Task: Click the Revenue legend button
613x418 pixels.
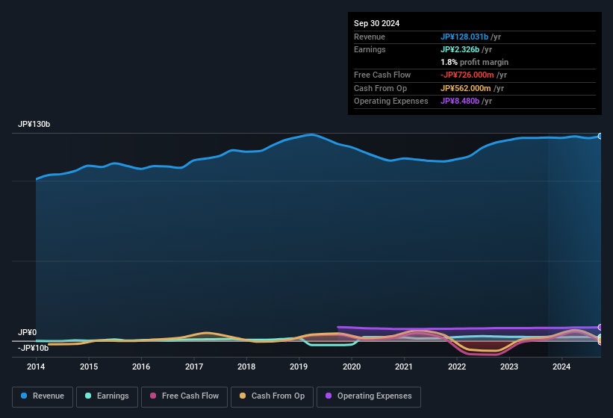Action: pyautogui.click(x=43, y=396)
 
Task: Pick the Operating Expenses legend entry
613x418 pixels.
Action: pyautogui.click(x=369, y=396)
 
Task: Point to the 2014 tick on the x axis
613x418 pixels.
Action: pyautogui.click(x=36, y=366)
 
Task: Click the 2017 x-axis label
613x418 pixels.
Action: pyautogui.click(x=194, y=366)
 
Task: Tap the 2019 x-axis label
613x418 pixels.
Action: pyautogui.click(x=299, y=366)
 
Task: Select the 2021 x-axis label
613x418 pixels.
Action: pyautogui.click(x=404, y=366)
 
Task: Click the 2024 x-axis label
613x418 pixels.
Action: pyautogui.click(x=561, y=366)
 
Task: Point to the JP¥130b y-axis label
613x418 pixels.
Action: pyautogui.click(x=34, y=125)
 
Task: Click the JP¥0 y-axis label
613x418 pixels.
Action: pyautogui.click(x=28, y=333)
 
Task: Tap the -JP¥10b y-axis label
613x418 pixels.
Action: pyautogui.click(x=34, y=348)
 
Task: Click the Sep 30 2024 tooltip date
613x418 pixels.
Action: pyautogui.click(x=376, y=23)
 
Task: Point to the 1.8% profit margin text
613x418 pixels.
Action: pyautogui.click(x=474, y=62)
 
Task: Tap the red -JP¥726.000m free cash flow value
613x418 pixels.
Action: pyautogui.click(x=473, y=75)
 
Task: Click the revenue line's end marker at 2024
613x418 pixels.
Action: pyautogui.click(x=600, y=136)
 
